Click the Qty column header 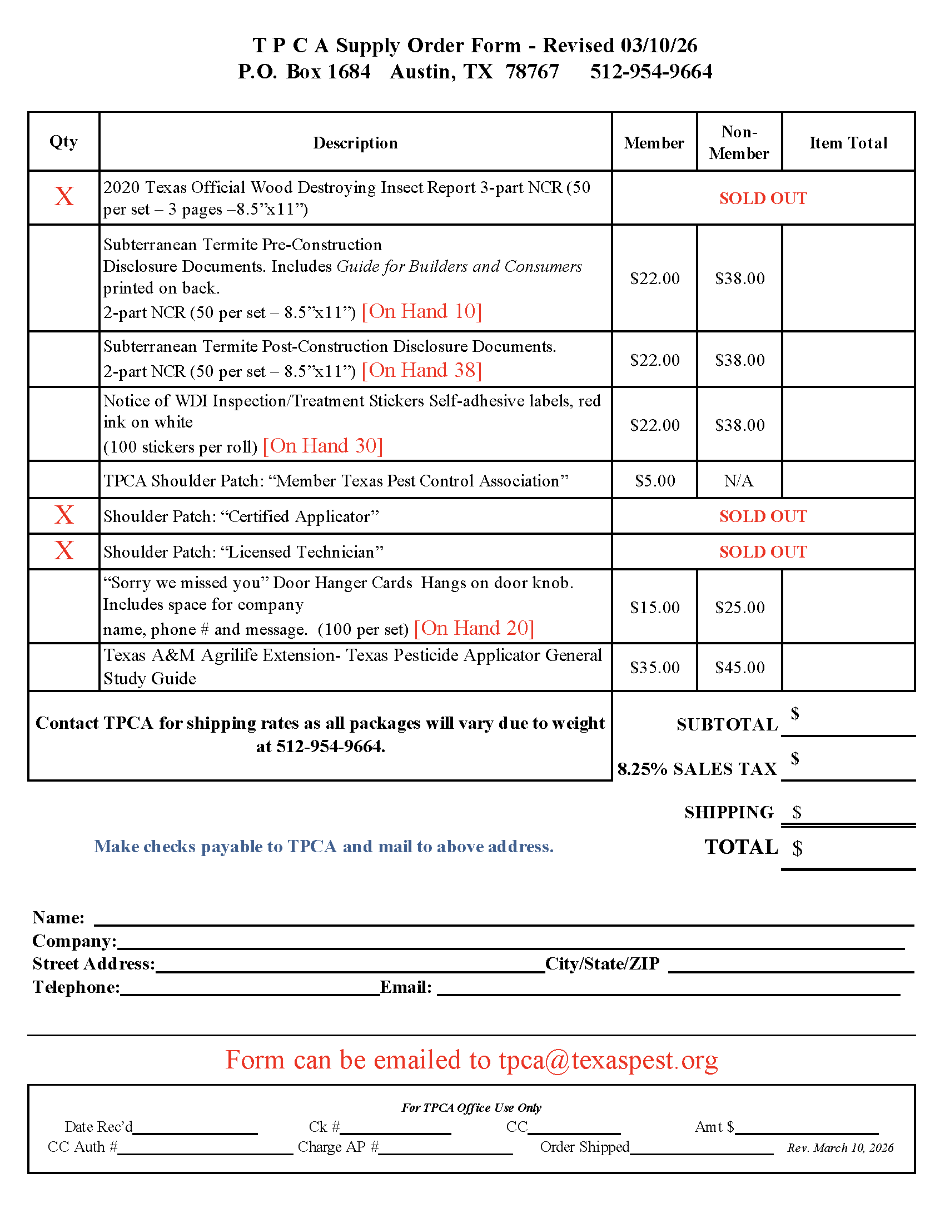pyautogui.click(x=63, y=141)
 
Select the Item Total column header pyautogui.click(x=848, y=143)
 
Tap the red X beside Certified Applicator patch pyautogui.click(x=64, y=515)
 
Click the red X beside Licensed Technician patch pyautogui.click(x=64, y=550)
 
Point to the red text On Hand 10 pyautogui.click(x=421, y=311)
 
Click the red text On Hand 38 pyautogui.click(x=421, y=370)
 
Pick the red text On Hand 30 pyautogui.click(x=322, y=446)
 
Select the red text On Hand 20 pyautogui.click(x=474, y=628)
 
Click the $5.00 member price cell pyautogui.click(x=654, y=480)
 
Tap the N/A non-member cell pyautogui.click(x=738, y=480)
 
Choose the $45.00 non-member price pyautogui.click(x=739, y=667)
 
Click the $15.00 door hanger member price pyautogui.click(x=654, y=607)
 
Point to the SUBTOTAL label pyautogui.click(x=727, y=724)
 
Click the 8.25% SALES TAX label pyautogui.click(x=697, y=769)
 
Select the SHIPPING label pyautogui.click(x=728, y=812)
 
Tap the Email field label pyautogui.click(x=405, y=987)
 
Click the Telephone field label pyautogui.click(x=76, y=987)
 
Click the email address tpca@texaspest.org pyautogui.click(x=608, y=1060)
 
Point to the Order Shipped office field pyautogui.click(x=584, y=1147)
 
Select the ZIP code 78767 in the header pyautogui.click(x=532, y=72)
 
